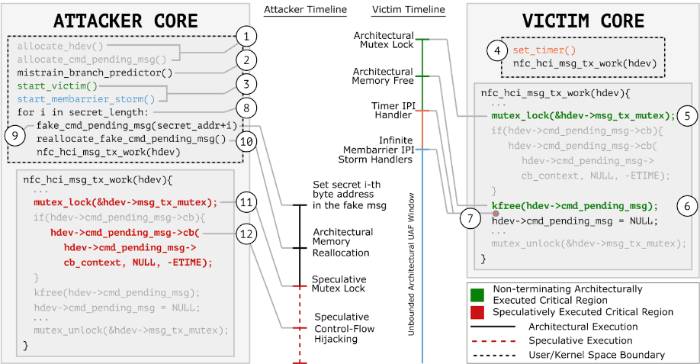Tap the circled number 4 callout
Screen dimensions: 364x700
pos(497,52)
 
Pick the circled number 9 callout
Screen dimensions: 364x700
pos(17,135)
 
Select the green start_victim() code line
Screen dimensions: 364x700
pos(57,85)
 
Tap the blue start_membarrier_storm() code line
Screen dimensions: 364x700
pos(85,98)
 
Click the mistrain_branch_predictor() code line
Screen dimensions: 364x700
pos(95,72)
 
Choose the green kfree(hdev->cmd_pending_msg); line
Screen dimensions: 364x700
pos(574,206)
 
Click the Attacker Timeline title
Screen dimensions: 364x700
pos(305,10)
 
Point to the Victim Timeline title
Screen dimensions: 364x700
pos(408,10)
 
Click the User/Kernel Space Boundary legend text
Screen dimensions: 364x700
pos(586,355)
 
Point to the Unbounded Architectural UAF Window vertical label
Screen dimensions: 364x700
pos(413,260)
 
